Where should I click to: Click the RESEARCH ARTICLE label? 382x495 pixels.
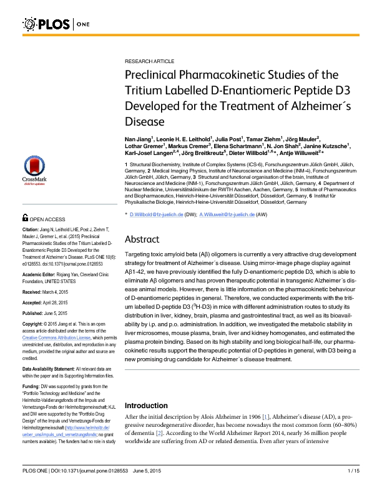[x=150, y=63]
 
